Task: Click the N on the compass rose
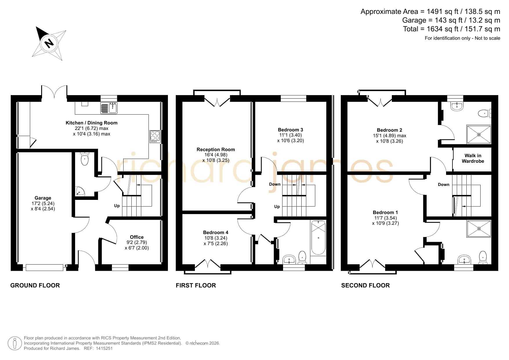tap(49, 44)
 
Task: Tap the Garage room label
tap(43, 198)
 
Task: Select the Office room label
tap(137, 237)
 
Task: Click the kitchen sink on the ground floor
tap(109, 108)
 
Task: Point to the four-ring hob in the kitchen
tap(155, 137)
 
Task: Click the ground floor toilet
tap(84, 158)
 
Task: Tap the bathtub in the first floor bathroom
tap(318, 238)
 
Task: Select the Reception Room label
tap(216, 150)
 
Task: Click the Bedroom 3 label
tap(290, 130)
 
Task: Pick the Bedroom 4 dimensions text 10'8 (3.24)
tap(215, 238)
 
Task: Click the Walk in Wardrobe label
tap(473, 158)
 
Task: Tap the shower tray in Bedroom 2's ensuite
tap(479, 134)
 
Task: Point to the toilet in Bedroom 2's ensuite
tap(484, 113)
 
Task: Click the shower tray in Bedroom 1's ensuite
tap(479, 229)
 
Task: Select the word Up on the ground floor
tap(117, 206)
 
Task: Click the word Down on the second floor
tap(443, 184)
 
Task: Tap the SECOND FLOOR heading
tap(365, 285)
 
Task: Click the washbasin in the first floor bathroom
tap(289, 259)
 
